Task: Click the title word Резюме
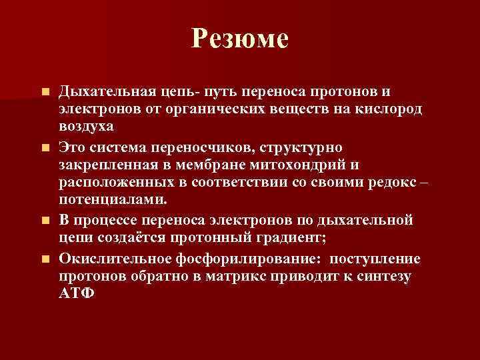tap(239, 39)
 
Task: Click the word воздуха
tap(87, 126)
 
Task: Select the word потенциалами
tap(113, 200)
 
